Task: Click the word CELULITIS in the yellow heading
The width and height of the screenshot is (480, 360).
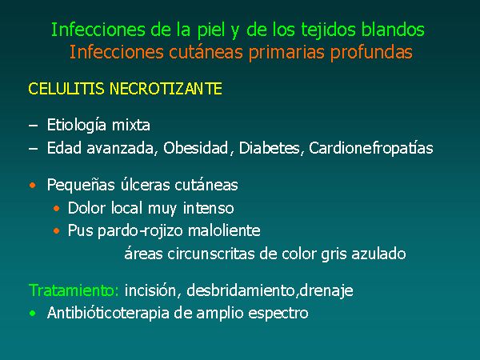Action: (66, 89)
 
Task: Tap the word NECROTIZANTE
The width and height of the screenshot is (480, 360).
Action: (166, 89)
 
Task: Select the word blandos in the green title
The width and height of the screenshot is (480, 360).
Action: (393, 30)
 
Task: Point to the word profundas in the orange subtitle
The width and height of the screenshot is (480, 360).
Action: (371, 53)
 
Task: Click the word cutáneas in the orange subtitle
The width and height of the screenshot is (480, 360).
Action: (206, 52)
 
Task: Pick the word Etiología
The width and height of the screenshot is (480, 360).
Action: (77, 126)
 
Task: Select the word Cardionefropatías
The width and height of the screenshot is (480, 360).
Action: (370, 149)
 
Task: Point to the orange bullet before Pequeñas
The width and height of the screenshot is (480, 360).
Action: (33, 186)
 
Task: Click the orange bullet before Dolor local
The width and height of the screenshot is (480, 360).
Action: (56, 209)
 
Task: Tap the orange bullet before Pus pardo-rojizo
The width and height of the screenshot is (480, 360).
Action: (56, 231)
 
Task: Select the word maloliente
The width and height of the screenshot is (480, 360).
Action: (224, 230)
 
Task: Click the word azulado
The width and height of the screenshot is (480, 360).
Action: (378, 254)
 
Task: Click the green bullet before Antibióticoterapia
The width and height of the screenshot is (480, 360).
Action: (33, 314)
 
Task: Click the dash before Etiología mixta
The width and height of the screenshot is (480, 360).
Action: (33, 126)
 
